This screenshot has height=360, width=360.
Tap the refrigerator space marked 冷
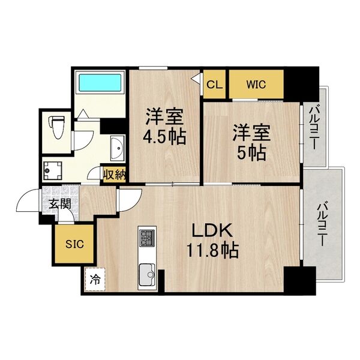pos(95,279)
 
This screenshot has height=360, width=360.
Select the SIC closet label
pos(74,244)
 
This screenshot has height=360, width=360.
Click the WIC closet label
pos(256,85)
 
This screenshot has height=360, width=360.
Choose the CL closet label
pos(214,85)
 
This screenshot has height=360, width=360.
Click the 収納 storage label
pos(113,175)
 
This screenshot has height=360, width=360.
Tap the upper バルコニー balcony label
pos(314,127)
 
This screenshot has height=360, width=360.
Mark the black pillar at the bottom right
pos(299,280)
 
